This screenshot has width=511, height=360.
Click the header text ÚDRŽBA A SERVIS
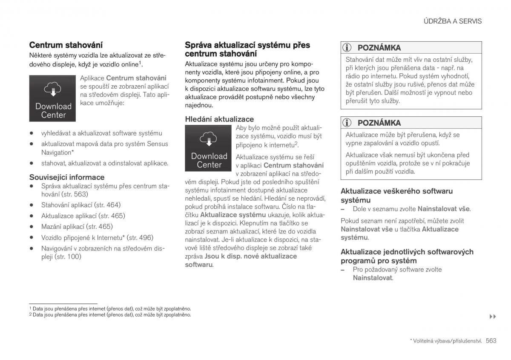453,21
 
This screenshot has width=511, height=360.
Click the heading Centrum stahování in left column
66,45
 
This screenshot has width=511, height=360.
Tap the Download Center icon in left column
53,98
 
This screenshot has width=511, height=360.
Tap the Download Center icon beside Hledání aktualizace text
209,148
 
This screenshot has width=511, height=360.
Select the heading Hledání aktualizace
219,119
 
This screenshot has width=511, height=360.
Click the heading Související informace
66,177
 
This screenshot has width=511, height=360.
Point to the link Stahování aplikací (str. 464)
80,204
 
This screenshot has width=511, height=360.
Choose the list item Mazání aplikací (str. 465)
77,227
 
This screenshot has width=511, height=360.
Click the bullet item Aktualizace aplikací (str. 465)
83,216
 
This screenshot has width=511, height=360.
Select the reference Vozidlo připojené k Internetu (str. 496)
97,238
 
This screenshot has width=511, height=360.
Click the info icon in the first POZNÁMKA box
347,48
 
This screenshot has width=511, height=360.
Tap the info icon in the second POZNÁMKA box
347,123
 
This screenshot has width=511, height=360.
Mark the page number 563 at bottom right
491,340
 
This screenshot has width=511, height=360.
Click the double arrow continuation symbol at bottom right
493,317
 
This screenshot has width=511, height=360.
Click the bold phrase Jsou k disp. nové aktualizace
250,256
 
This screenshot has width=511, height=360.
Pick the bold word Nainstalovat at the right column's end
372,278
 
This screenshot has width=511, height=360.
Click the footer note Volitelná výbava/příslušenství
446,341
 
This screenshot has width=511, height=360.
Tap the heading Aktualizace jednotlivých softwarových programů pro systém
407,256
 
